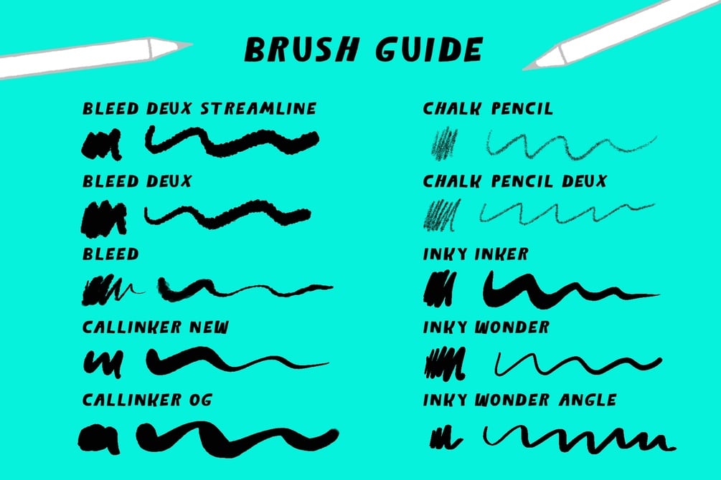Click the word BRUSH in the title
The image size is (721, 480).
(301, 49)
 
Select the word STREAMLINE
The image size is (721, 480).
(259, 108)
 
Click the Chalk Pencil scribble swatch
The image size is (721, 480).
(444, 144)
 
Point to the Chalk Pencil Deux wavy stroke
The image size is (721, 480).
(567, 213)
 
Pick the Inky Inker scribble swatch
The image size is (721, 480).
(440, 288)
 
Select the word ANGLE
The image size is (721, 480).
(588, 400)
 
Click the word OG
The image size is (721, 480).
(200, 400)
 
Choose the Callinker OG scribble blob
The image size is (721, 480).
(99, 438)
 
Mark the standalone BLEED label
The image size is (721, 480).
(110, 254)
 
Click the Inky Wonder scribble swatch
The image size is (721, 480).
(445, 364)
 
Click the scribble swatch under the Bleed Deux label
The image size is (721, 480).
(104, 219)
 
